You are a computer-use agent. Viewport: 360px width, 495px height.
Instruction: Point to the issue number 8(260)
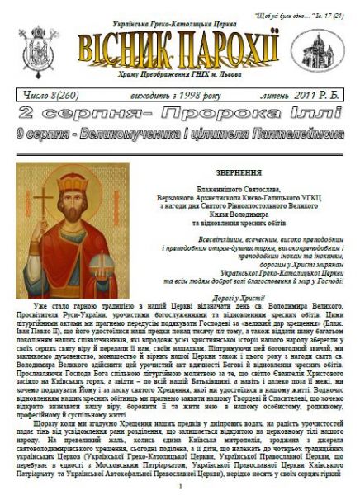pyautogui.click(x=49, y=97)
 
